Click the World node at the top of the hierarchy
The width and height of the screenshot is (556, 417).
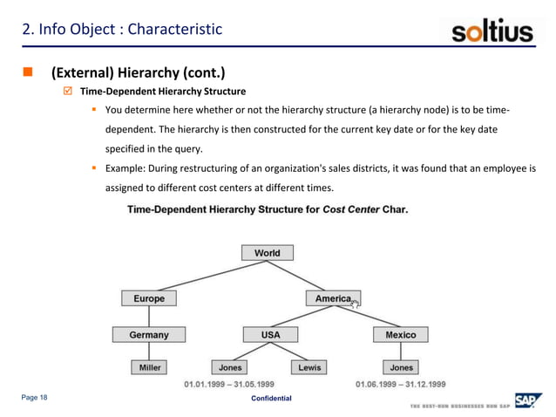tap(267, 253)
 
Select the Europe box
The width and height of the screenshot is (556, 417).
tap(148, 298)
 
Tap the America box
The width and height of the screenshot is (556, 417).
tap(332, 298)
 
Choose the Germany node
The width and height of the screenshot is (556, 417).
tap(148, 334)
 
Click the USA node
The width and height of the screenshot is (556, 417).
tap(271, 334)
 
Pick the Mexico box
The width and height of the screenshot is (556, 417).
tap(401, 334)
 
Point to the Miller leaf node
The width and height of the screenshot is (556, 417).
tap(150, 367)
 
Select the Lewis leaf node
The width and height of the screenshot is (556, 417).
tap(309, 367)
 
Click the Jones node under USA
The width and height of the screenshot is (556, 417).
tap(230, 367)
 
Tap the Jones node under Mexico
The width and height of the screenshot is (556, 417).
tap(401, 367)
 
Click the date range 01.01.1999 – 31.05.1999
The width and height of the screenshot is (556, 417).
tap(228, 384)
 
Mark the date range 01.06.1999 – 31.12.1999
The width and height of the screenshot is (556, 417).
tap(401, 384)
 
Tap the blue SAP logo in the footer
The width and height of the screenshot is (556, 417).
tap(526, 400)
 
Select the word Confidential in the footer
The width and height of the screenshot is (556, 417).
tap(271, 399)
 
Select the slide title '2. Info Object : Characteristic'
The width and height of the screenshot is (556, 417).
tap(122, 31)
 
